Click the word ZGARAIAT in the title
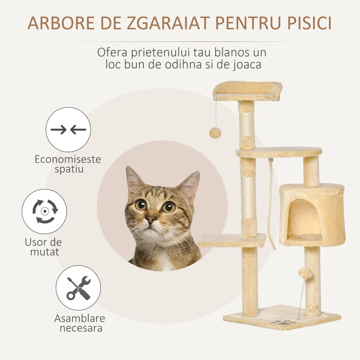(x=168, y=23)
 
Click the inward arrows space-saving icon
(x=68, y=130)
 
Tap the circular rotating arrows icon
(x=44, y=211)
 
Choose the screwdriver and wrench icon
(x=78, y=288)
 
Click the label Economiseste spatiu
(x=68, y=164)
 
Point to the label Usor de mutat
(x=44, y=247)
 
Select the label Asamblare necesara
(x=80, y=323)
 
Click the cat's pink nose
(x=151, y=220)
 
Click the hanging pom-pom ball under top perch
(x=215, y=132)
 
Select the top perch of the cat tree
(x=247, y=91)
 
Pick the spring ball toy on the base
(x=305, y=273)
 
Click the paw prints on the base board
(x=283, y=322)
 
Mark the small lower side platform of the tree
(x=231, y=241)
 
